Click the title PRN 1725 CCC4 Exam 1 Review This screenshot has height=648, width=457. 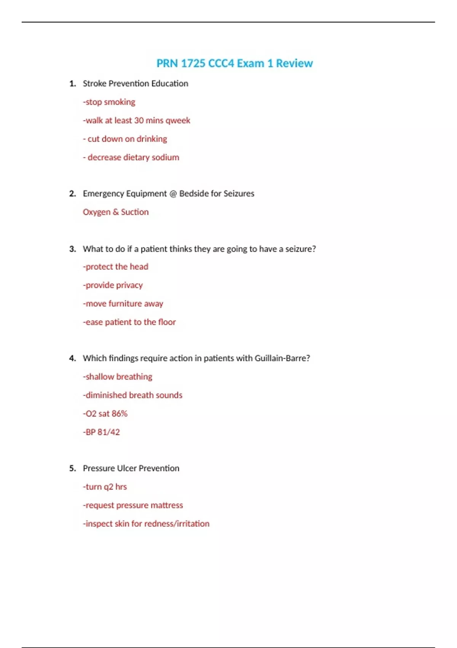coord(235,63)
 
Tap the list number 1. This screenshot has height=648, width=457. coord(72,83)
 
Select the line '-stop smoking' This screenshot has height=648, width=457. coord(109,102)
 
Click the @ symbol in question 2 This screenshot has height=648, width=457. coord(173,194)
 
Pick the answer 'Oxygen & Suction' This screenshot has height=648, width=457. coord(116,212)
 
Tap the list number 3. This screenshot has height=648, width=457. coord(72,249)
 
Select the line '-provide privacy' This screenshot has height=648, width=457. coord(113,285)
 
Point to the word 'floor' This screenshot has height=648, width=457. coord(167,322)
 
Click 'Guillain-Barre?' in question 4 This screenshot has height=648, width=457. coord(282,358)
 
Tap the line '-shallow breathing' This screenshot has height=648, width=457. coord(118,377)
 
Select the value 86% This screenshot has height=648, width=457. coord(120,414)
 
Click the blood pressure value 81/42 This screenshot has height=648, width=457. coord(109,432)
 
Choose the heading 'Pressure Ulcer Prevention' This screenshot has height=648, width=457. coord(131,468)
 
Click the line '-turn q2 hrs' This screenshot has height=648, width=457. coord(105,487)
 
